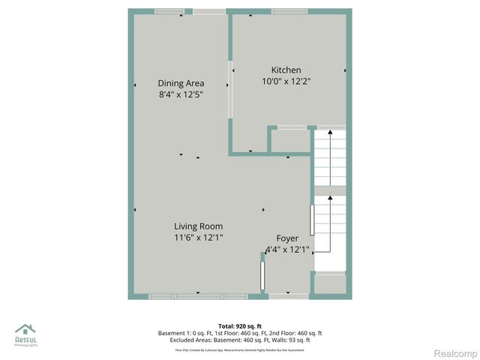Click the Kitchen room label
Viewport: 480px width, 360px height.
pyautogui.click(x=286, y=70)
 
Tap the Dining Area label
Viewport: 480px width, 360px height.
pyautogui.click(x=181, y=83)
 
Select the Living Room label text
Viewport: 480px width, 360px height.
pyautogui.click(x=198, y=226)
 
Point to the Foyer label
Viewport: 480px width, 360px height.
pyautogui.click(x=287, y=238)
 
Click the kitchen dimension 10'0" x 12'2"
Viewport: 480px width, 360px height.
pyautogui.click(x=286, y=81)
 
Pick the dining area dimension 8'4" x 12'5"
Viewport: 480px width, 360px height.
pyautogui.click(x=181, y=95)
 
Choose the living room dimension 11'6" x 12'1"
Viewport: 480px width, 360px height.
pyautogui.click(x=198, y=238)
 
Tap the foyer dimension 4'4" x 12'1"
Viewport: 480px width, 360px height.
pyautogui.click(x=287, y=250)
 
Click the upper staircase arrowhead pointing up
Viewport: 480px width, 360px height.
pyautogui.click(x=330, y=133)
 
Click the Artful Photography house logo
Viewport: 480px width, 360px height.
pyautogui.click(x=25, y=330)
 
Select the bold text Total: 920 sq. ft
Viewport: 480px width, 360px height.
pyautogui.click(x=240, y=326)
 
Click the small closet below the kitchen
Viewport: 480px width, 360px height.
pyautogui.click(x=289, y=141)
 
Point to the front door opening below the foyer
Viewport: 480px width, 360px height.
pyautogui.click(x=288, y=297)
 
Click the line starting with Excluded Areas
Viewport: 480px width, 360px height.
pyautogui.click(x=240, y=340)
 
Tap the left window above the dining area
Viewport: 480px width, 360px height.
pyautogui.click(x=169, y=11)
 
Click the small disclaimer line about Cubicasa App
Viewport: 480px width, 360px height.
pyautogui.click(x=240, y=349)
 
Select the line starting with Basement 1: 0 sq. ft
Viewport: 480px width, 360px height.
pyautogui.click(x=240, y=333)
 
